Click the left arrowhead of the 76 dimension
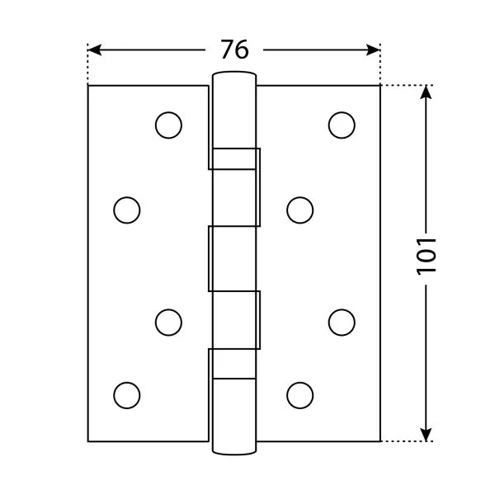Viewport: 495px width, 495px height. [94, 49]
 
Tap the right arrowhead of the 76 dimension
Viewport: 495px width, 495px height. [373, 49]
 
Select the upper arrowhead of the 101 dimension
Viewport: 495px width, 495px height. [426, 92]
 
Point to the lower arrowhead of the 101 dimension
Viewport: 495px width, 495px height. [426, 435]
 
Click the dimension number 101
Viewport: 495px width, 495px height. [427, 257]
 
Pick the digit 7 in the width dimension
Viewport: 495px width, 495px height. [227, 49]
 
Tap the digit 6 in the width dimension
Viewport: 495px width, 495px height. [242, 49]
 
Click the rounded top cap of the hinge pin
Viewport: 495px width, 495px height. [234, 74]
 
